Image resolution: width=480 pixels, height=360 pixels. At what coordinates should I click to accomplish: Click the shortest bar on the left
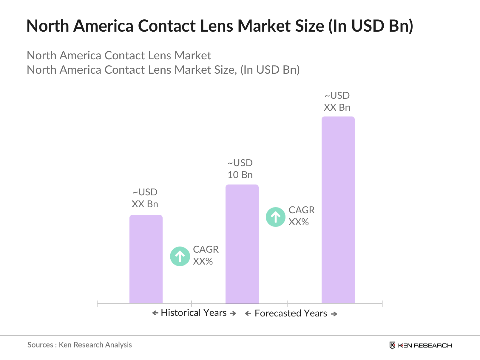click(x=146, y=259)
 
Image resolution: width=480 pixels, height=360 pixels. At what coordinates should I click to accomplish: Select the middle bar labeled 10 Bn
click(x=242, y=244)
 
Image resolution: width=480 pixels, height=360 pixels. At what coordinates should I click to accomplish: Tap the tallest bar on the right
click(x=338, y=210)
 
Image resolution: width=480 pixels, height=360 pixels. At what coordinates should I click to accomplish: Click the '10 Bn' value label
click(x=240, y=175)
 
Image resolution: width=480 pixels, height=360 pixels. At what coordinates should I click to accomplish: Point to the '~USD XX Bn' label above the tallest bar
click(x=337, y=101)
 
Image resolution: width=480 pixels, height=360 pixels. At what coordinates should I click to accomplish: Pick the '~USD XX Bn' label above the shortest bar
click(x=145, y=198)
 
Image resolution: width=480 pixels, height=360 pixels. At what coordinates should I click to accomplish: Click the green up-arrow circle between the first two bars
click(x=180, y=256)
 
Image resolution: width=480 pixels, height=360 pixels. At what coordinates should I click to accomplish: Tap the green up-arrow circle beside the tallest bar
click(x=276, y=217)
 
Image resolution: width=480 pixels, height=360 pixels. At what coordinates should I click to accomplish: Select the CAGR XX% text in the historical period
click(x=205, y=255)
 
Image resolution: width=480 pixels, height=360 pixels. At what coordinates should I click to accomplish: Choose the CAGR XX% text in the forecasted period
click(x=301, y=216)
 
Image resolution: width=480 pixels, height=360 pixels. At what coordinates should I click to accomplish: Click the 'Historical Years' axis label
click(x=194, y=313)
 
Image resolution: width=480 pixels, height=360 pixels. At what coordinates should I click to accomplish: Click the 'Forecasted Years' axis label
click(x=290, y=313)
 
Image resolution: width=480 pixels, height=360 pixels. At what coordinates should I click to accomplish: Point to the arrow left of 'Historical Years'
click(x=155, y=313)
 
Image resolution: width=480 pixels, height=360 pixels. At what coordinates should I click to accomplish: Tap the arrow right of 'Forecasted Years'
click(x=334, y=314)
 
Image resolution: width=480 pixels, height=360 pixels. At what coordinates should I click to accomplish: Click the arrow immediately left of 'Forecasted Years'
click(x=248, y=314)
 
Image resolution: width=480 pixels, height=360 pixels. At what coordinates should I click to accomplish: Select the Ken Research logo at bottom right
click(x=421, y=345)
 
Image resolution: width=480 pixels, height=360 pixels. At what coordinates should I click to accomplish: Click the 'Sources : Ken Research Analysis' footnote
click(x=79, y=345)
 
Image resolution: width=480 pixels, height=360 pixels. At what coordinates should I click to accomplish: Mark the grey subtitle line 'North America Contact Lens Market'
click(x=119, y=55)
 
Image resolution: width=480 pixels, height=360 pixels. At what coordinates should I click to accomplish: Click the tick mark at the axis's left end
click(x=97, y=304)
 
